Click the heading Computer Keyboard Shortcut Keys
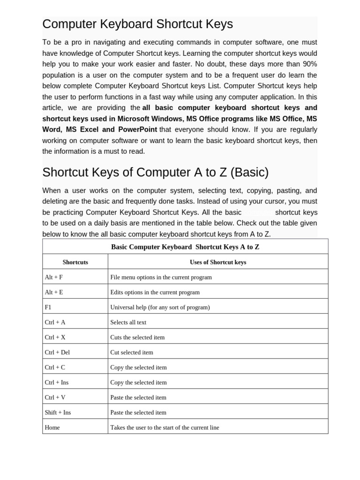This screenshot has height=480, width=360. [x=137, y=24]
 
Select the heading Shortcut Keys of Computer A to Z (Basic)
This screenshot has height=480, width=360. [x=155, y=172]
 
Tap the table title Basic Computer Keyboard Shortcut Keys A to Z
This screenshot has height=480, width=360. [x=185, y=247]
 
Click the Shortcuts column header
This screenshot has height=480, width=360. [x=75, y=262]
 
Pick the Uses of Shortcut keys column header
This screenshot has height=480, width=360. [x=217, y=262]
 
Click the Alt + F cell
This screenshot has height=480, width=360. [x=54, y=277]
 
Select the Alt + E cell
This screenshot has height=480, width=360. [x=54, y=292]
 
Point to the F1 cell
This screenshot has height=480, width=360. [x=48, y=307]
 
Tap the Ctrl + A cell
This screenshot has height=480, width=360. [x=55, y=322]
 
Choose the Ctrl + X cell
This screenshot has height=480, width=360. [x=55, y=337]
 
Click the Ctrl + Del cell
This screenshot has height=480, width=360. [x=57, y=352]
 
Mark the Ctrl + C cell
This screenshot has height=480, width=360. [x=55, y=367]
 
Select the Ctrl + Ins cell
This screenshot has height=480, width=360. [x=57, y=382]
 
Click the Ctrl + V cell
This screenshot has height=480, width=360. [x=55, y=397]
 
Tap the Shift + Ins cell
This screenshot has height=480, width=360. [x=58, y=412]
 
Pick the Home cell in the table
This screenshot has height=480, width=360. [x=52, y=427]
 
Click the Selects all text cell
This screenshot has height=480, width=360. [x=128, y=322]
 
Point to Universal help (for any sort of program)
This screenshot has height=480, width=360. [x=160, y=307]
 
